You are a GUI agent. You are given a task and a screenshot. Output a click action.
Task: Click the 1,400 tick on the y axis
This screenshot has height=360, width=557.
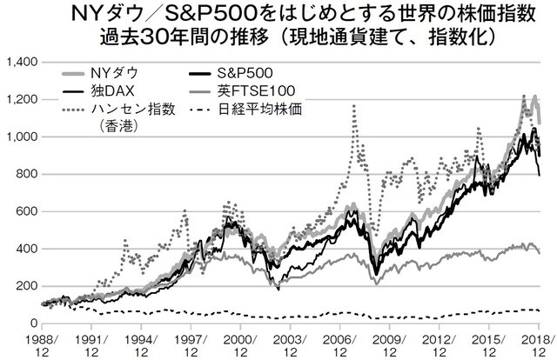pos(18,63)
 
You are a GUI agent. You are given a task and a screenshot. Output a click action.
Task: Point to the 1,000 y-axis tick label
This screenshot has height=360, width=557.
pos(18,137)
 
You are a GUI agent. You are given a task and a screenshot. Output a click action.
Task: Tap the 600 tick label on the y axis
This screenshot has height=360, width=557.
pos(23,211)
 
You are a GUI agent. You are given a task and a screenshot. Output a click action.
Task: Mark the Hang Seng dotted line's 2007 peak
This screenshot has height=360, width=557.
pos(353,106)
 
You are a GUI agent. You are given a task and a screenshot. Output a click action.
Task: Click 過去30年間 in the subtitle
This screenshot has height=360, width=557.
pos(173,40)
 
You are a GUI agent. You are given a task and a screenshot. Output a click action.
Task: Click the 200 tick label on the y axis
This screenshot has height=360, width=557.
pos(23,286)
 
